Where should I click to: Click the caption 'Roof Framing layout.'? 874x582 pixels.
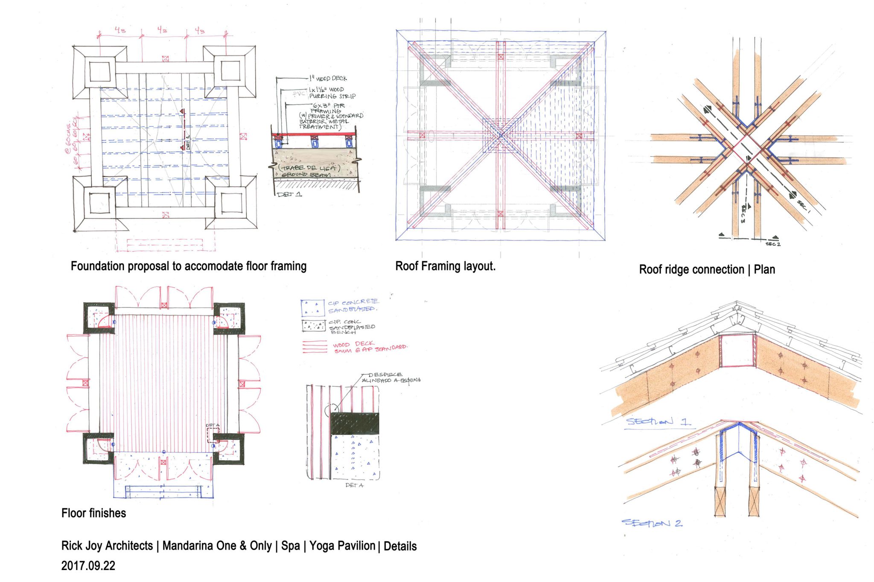[x=445, y=266]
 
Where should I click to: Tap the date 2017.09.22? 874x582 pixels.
[x=88, y=566]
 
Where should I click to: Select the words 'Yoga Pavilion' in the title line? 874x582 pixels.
[x=342, y=546]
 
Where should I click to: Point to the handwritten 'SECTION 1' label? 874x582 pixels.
[x=657, y=422]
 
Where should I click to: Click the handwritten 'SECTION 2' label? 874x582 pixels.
[x=652, y=523]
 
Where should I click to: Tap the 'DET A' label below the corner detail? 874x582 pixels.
[x=354, y=485]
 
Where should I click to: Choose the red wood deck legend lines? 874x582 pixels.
[x=315, y=347]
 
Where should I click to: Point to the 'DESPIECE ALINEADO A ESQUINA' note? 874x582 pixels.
[x=390, y=378]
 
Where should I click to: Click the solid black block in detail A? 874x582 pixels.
[x=355, y=423]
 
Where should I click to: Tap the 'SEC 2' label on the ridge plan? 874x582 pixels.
[x=773, y=244]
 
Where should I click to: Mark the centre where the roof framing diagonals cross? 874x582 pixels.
[x=501, y=136]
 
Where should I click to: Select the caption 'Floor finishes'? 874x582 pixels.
[x=93, y=513]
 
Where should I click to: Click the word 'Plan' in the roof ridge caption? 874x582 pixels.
[x=764, y=269]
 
